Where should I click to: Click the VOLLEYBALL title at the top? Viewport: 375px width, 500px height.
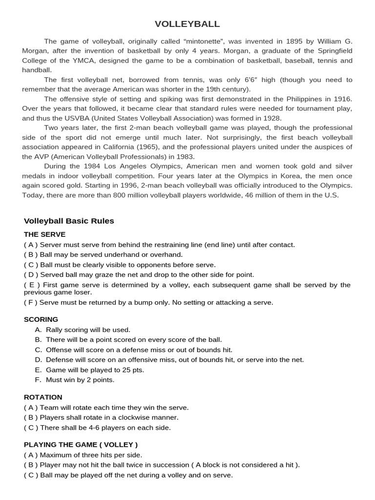click(187, 24)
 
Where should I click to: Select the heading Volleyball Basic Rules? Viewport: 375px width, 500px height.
click(69, 221)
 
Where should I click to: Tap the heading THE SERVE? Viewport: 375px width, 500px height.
click(44, 234)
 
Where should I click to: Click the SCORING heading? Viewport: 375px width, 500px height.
click(41, 319)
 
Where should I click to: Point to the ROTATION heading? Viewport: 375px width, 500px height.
click(43, 397)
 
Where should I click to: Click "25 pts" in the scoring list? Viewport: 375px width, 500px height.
click(132, 370)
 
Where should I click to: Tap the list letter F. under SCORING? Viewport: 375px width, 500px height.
click(38, 380)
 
